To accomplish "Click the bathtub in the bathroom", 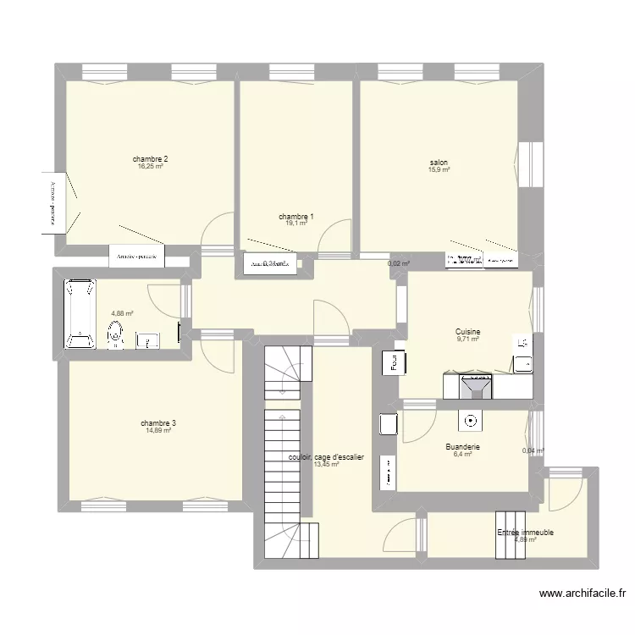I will pos(81,313).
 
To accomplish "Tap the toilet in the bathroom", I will pos(115,337).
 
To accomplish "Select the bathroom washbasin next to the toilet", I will pos(146,340).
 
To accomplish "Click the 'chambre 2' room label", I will pos(150,159).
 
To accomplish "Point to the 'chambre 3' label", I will pos(158,423).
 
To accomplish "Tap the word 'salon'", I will pos(439,163).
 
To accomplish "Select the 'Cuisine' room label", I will pos(468,332).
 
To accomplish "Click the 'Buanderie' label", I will pos(462,446).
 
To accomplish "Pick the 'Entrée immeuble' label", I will pos(526,533).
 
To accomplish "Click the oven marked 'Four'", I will pos(394,362).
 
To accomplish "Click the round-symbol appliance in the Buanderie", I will pos(470,419).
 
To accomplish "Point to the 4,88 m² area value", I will pos(122,312).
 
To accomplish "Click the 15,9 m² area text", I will pos(439,170).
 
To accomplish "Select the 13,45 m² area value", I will pos(326,464).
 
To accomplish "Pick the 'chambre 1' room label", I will pos(296,217).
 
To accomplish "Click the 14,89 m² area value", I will pos(158,431).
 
